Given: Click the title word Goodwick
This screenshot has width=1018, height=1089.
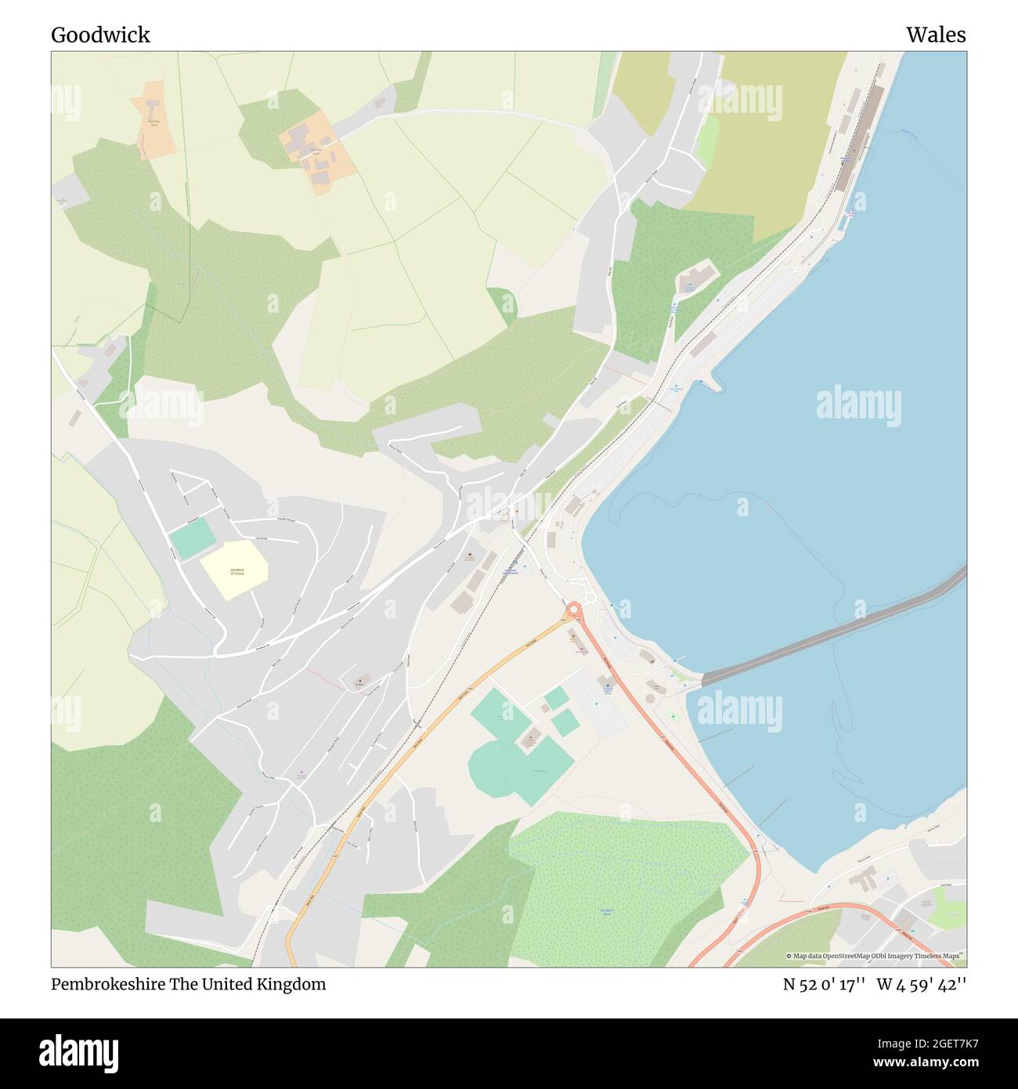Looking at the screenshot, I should click(100, 35).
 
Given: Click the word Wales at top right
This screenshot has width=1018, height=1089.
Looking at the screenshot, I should click(936, 35).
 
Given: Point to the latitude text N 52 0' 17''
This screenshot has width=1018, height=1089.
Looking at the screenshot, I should click(824, 984).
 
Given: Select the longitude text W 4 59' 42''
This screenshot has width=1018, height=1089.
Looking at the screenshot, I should click(922, 984).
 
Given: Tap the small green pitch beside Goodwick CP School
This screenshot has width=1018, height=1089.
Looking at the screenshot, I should click(191, 537).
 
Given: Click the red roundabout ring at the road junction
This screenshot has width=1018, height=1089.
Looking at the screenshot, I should click(573, 609).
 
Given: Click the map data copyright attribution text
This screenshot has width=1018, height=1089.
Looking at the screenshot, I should click(875, 956).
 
